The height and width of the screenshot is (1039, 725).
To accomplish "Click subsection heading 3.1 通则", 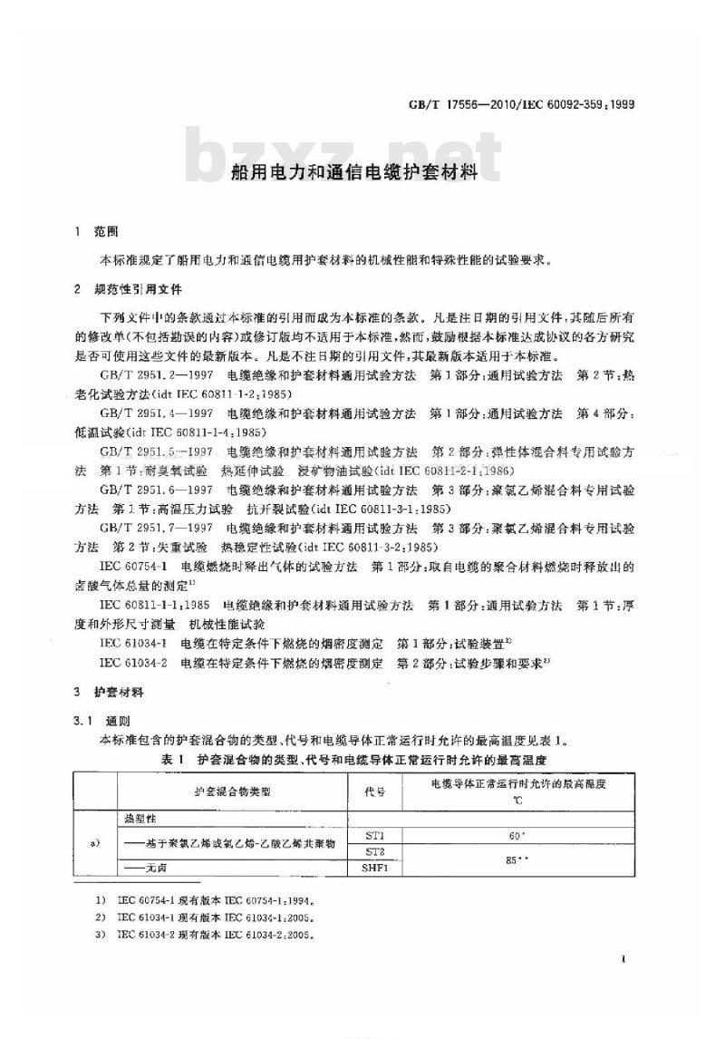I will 106,720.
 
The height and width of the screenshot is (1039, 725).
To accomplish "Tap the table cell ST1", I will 375,833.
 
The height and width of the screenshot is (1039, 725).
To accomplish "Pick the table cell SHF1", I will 375,868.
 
